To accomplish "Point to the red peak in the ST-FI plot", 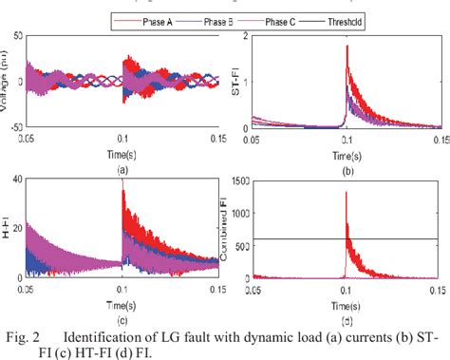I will (347, 45).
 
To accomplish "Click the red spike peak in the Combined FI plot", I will (347, 193).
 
